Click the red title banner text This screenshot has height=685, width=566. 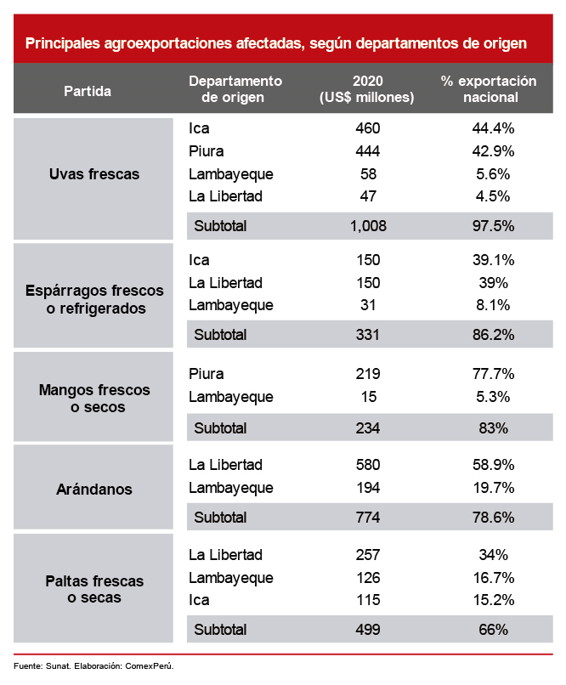click(x=276, y=42)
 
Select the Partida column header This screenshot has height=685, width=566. click(x=88, y=90)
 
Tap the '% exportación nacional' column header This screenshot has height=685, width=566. click(x=490, y=89)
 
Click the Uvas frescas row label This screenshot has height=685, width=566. click(x=94, y=174)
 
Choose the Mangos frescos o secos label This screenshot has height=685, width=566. click(x=94, y=399)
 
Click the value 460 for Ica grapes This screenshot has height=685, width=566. click(x=368, y=129)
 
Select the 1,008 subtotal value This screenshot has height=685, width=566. click(x=368, y=226)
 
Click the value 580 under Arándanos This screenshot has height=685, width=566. click(x=368, y=465)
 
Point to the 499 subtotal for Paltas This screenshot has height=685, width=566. click(x=368, y=630)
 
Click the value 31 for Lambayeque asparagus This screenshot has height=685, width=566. click(x=368, y=305)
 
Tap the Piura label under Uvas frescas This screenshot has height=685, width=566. click(x=207, y=151)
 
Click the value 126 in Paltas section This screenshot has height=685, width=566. click(x=368, y=578)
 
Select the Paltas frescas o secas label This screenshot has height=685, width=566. click(x=94, y=590)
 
